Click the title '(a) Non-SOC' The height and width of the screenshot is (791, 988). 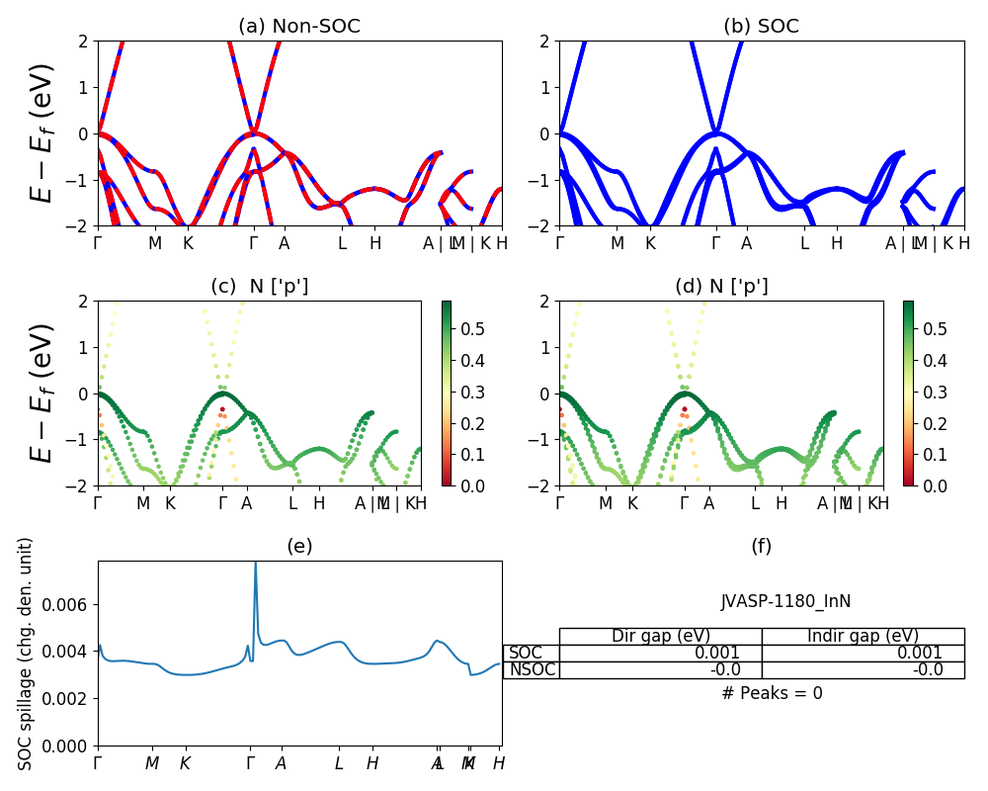click(x=299, y=27)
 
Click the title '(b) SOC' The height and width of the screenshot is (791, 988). click(x=762, y=27)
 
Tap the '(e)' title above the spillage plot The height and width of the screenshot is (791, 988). click(x=299, y=546)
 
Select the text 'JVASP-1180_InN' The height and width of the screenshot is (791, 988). click(x=785, y=601)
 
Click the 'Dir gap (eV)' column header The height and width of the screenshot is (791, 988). click(x=661, y=636)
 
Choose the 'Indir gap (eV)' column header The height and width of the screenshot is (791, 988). click(x=863, y=636)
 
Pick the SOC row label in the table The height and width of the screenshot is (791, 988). click(x=526, y=653)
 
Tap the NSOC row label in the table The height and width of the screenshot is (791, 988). click(x=533, y=669)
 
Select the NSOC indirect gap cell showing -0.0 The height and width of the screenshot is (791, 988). click(x=928, y=669)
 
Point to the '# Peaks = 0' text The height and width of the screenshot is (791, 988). click(x=772, y=693)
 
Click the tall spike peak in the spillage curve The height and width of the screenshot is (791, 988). click(x=255, y=564)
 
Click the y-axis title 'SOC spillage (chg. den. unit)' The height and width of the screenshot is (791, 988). click(x=26, y=654)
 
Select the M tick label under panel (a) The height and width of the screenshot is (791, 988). click(x=155, y=243)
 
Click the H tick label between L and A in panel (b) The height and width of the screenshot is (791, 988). click(x=836, y=243)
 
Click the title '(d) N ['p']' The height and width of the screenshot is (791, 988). click(x=721, y=287)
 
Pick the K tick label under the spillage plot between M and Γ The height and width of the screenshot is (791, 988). click(x=185, y=763)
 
